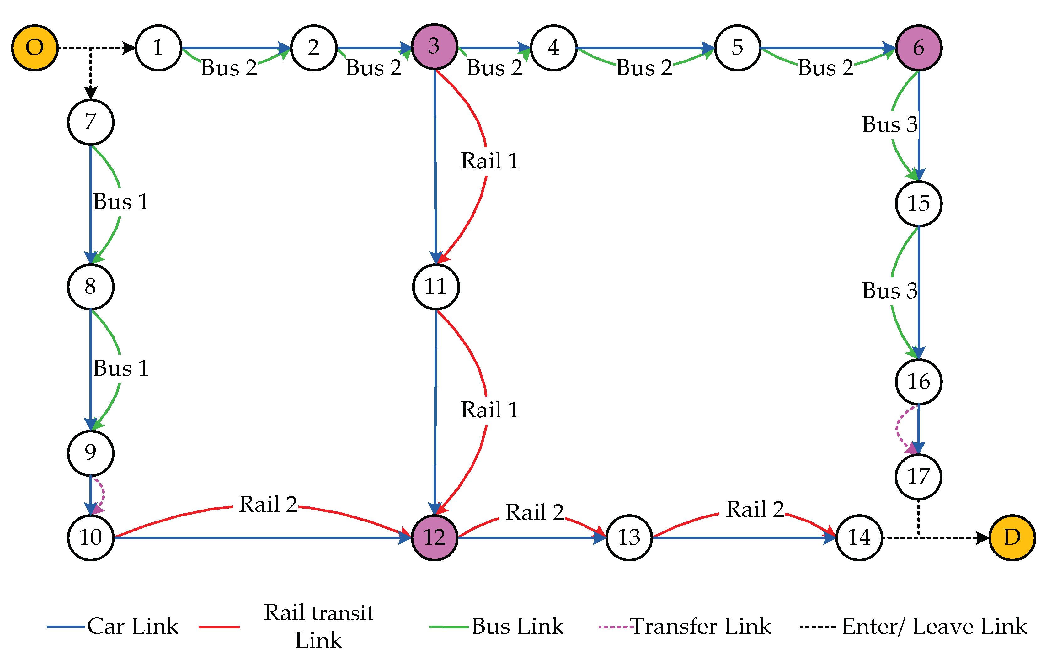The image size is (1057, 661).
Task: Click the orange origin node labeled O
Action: click(x=35, y=48)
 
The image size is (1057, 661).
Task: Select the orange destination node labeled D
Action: click(x=1012, y=537)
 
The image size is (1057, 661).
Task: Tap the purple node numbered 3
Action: click(x=434, y=46)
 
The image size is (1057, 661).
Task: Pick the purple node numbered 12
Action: click(x=434, y=537)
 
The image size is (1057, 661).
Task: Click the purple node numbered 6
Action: click(x=918, y=48)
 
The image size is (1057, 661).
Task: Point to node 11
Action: click(x=435, y=287)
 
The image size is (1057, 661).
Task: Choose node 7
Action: click(x=91, y=122)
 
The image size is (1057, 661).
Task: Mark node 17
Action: click(x=918, y=477)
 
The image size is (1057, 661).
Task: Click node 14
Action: click(x=859, y=537)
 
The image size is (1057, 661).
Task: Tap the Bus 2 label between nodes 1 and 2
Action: click(x=229, y=68)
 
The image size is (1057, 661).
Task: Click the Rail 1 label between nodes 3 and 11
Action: click(x=489, y=161)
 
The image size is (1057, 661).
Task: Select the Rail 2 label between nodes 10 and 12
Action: click(x=268, y=505)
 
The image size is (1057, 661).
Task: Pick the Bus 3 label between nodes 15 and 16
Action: click(x=889, y=291)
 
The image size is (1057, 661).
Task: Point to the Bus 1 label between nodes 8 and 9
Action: click(x=121, y=368)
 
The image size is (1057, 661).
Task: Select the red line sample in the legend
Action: click(x=219, y=627)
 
